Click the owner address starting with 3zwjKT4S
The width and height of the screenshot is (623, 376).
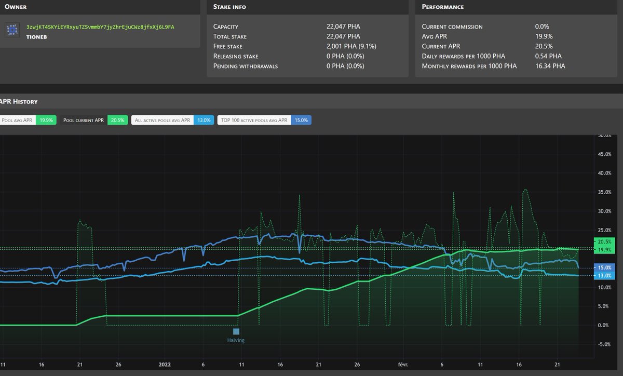pos(100,26)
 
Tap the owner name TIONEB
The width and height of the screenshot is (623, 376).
pos(37,37)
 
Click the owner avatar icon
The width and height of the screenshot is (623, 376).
pos(12,30)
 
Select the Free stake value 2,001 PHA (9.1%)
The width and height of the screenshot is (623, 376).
pos(351,46)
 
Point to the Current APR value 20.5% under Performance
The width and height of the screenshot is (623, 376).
pos(544,46)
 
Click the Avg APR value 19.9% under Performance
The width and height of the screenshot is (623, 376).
pos(544,36)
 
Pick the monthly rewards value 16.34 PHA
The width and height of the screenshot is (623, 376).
pos(550,66)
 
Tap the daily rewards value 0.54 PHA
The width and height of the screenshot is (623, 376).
pos(548,56)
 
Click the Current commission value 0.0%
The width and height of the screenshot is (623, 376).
pos(542,26)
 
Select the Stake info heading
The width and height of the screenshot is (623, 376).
pos(229,7)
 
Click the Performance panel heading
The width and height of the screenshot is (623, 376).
pos(442,7)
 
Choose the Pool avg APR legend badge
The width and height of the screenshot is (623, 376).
pos(27,120)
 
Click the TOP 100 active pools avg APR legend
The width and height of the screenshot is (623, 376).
pos(264,120)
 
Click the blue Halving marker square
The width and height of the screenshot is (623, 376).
pos(236,331)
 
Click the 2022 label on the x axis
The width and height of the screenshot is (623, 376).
pos(165,365)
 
